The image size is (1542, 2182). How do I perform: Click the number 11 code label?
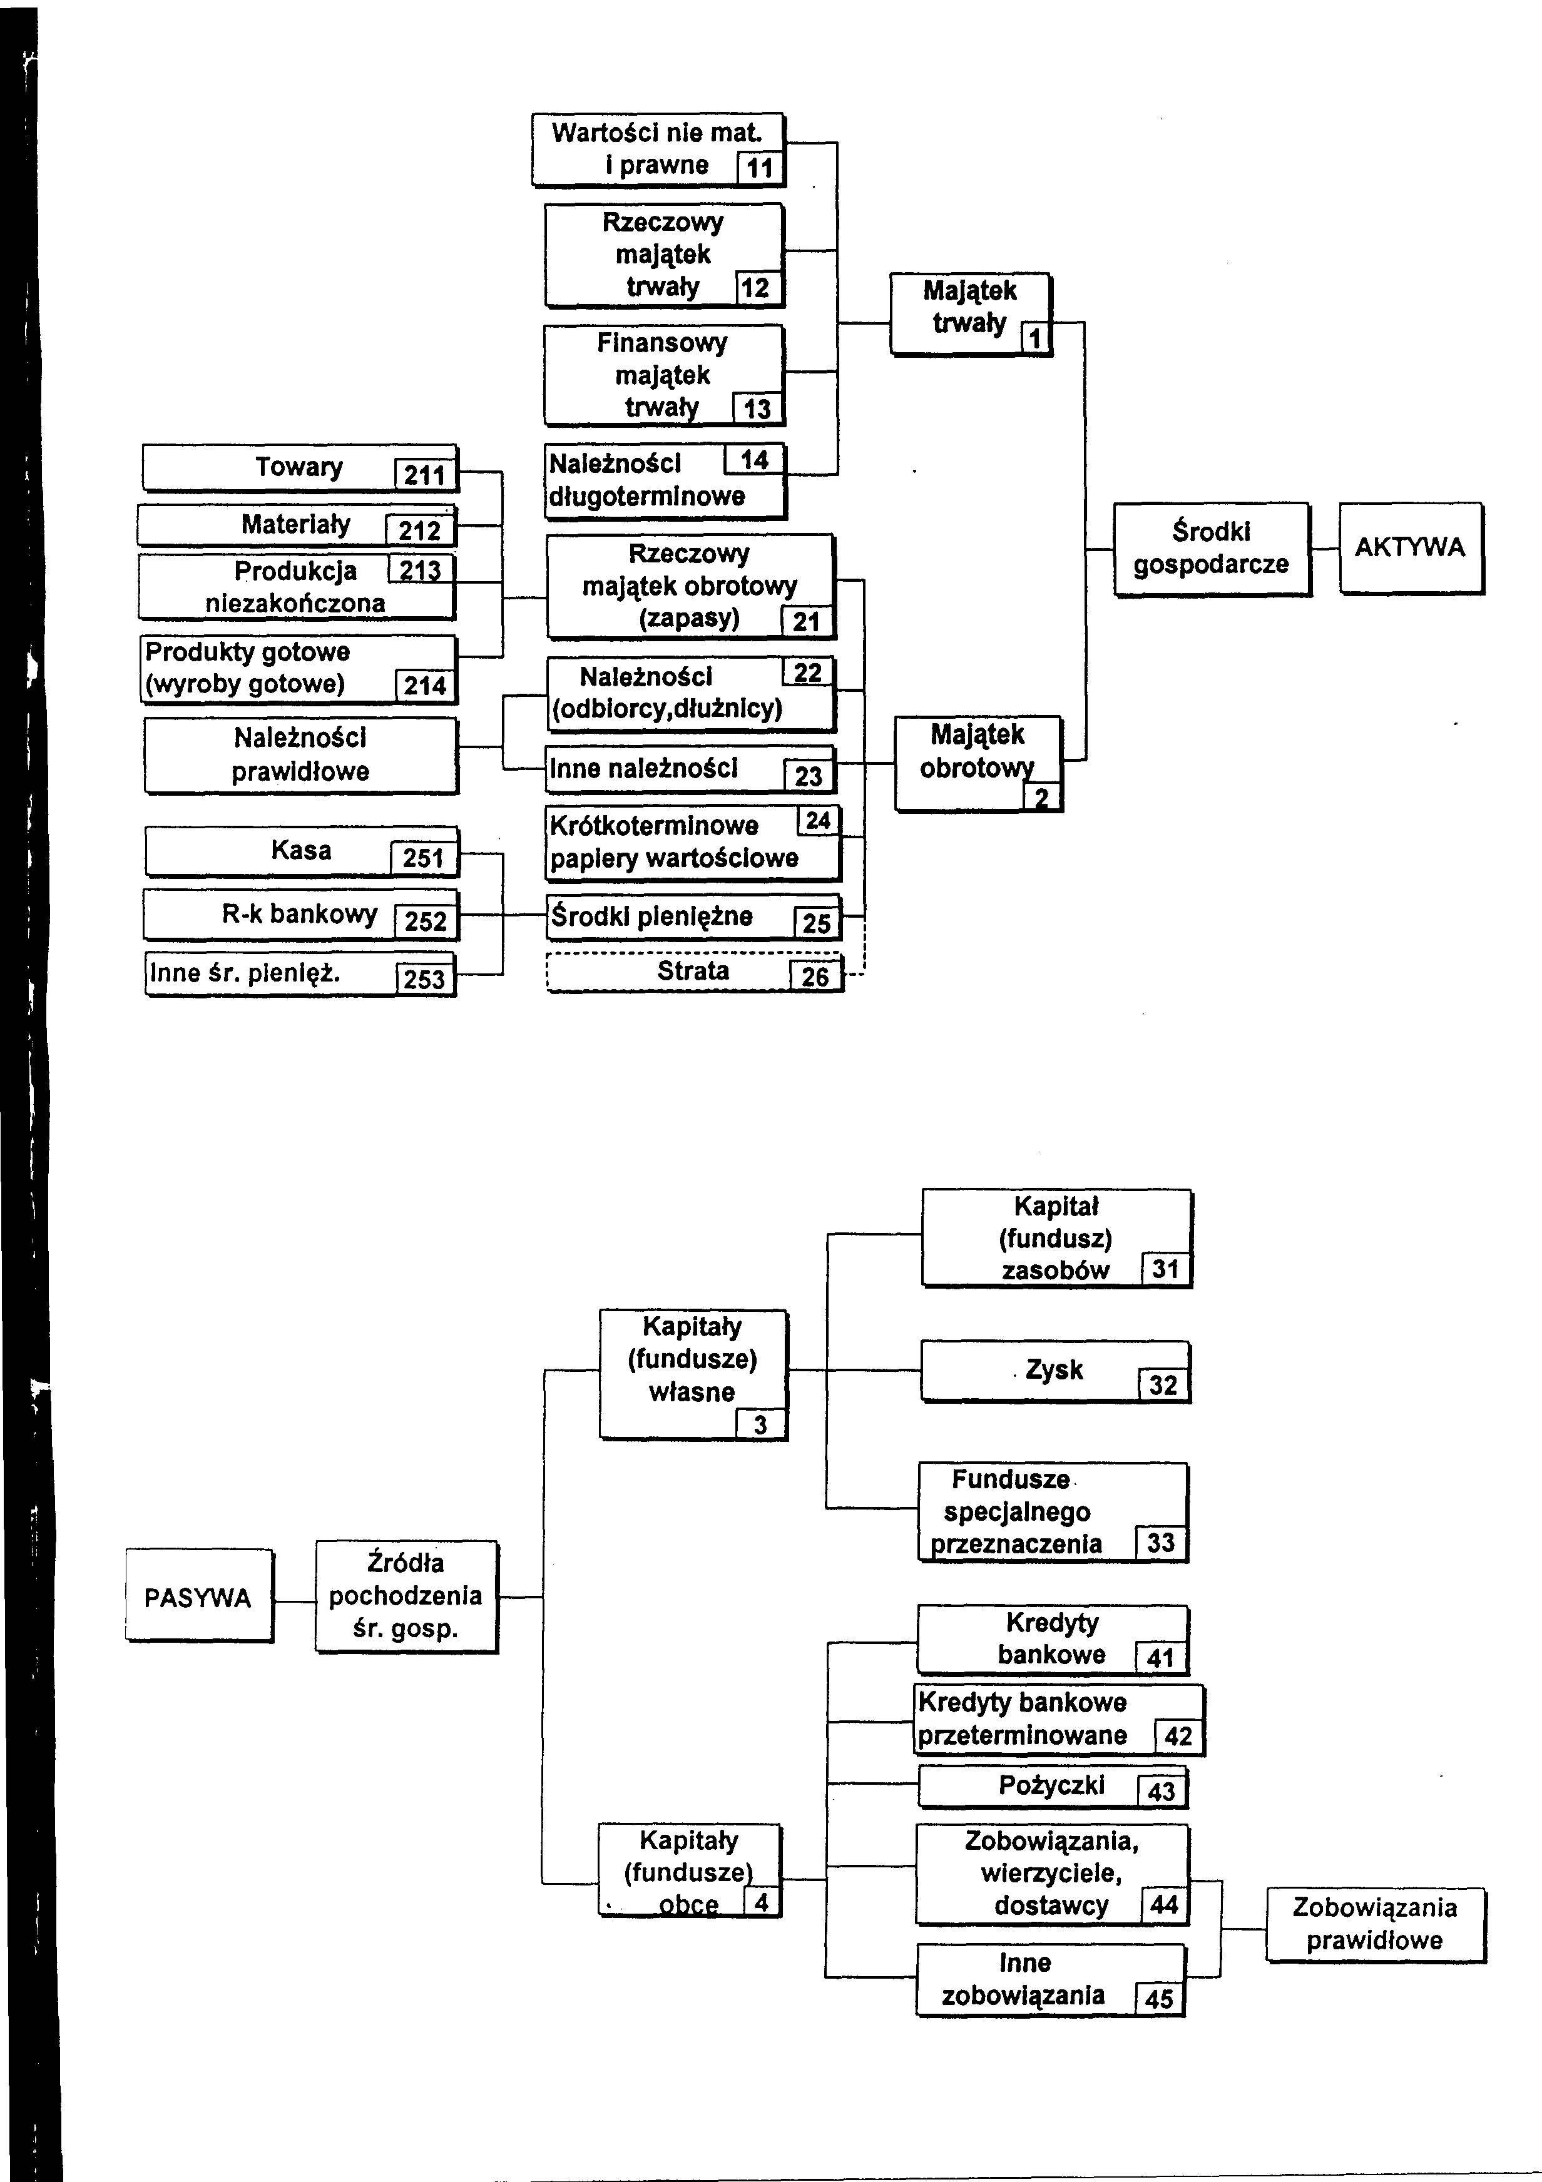[760, 168]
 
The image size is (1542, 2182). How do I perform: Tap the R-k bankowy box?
[300, 913]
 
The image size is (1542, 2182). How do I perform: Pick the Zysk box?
[1054, 1371]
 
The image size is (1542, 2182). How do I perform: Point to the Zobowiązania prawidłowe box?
[1375, 1924]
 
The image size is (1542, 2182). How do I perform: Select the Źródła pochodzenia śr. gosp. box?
[406, 1596]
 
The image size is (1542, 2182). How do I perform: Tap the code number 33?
[1161, 1543]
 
